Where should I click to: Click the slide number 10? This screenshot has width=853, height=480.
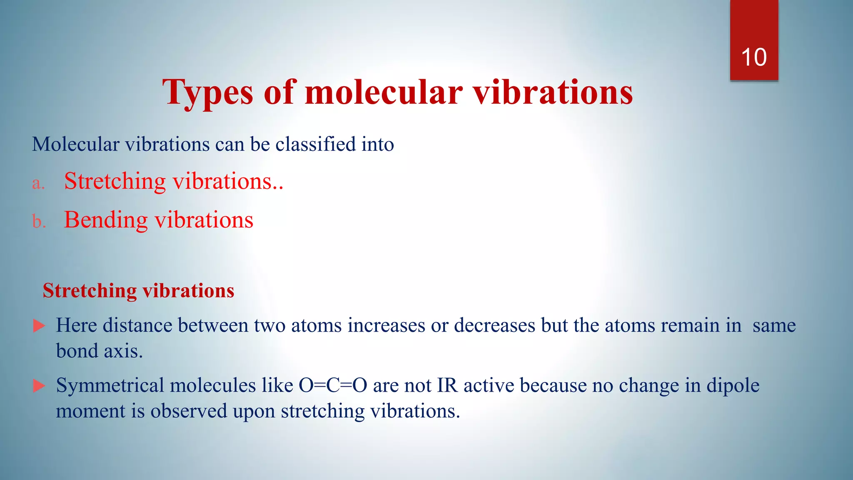click(753, 57)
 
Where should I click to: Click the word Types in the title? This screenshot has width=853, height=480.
click(207, 92)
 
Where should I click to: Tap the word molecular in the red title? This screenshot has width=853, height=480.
click(383, 92)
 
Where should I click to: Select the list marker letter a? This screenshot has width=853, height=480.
click(38, 183)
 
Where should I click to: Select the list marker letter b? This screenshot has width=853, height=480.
click(38, 221)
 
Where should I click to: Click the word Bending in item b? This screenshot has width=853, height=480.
click(105, 220)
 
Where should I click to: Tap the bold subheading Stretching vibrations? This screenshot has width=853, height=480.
click(138, 290)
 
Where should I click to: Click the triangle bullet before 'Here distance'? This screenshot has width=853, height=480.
click(39, 326)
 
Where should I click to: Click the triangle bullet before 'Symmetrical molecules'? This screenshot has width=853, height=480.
click(39, 386)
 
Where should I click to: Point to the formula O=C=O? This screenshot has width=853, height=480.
click(333, 385)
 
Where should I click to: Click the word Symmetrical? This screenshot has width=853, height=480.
click(110, 385)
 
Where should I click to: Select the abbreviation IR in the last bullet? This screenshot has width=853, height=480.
click(447, 385)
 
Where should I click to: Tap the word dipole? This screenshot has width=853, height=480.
click(733, 385)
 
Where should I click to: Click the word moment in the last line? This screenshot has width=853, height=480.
click(90, 411)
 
